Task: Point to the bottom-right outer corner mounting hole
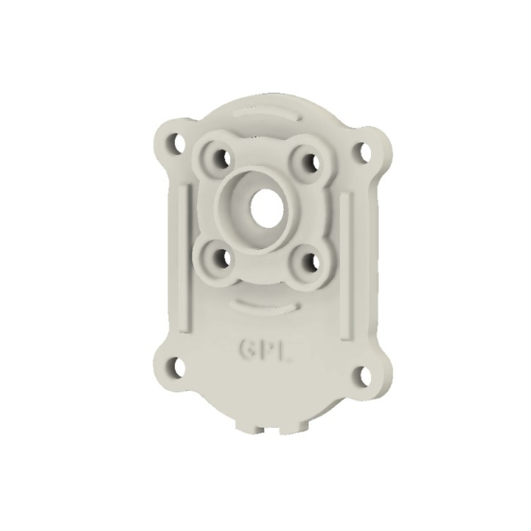361,375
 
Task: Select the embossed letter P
266,349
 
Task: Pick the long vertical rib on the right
345,265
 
